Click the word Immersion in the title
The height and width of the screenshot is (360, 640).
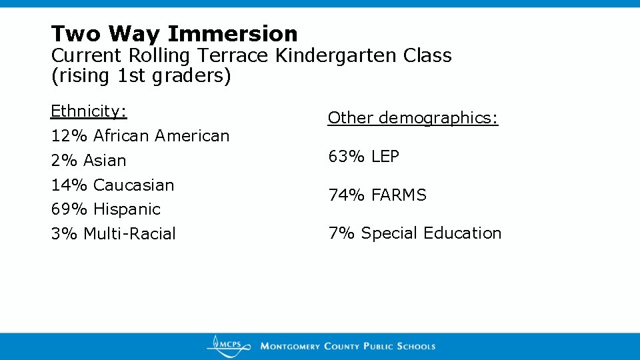pos(233,33)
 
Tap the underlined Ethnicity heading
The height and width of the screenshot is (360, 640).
pos(89,111)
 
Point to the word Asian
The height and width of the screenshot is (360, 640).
pos(105,161)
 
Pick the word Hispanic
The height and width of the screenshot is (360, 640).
pos(127,209)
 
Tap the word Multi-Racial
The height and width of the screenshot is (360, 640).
pos(129,234)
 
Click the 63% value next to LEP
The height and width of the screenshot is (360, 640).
pos(347,157)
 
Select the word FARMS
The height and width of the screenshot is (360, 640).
pos(399,195)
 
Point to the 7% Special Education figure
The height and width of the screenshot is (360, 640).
pos(341,233)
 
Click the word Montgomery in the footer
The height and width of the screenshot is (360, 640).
pos(291,347)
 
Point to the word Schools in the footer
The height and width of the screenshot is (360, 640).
pos(416,347)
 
